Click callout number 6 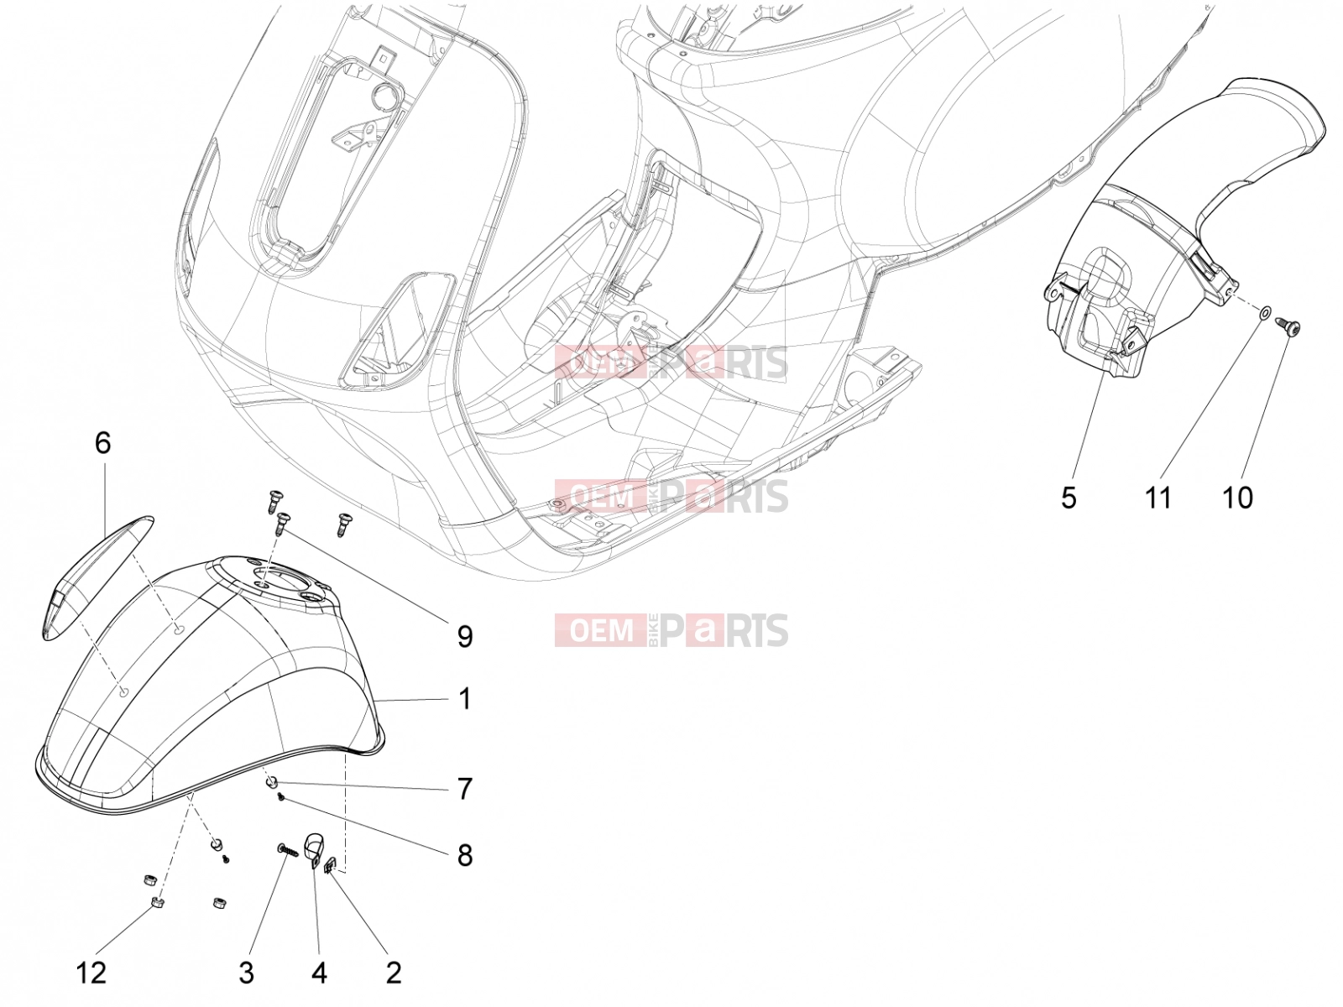(102, 443)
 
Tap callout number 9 (465, 636)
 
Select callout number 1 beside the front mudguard (465, 699)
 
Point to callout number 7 (465, 789)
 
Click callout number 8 (465, 855)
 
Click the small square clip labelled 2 (331, 864)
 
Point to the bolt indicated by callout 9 (281, 524)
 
